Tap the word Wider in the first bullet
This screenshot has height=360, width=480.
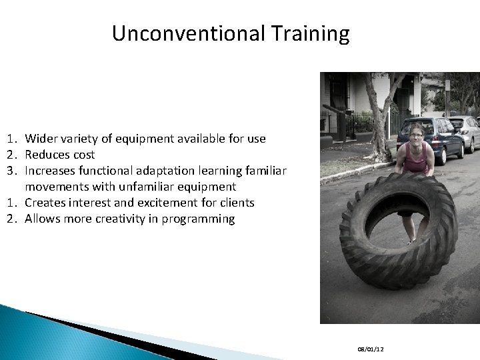click(39, 139)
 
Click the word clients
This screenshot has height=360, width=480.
click(235, 203)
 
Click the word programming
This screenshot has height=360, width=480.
click(201, 219)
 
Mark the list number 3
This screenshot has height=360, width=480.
click(12, 171)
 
